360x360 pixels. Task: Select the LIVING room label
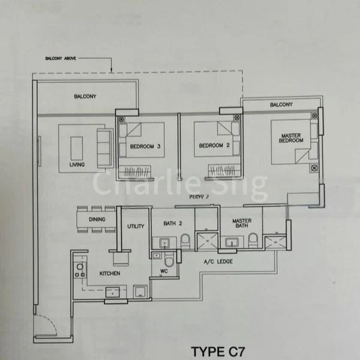[x=77, y=164]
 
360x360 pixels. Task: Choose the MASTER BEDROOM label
[x=292, y=138]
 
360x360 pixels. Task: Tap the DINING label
[x=97, y=220]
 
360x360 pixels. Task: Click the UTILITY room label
[x=136, y=226]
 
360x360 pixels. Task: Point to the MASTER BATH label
[x=242, y=223]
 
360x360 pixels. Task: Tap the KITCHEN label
[x=110, y=274]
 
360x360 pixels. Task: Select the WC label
[x=164, y=271]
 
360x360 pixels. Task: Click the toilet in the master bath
[x=253, y=241]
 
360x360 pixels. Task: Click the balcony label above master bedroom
[x=281, y=105]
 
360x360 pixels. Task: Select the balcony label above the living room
[x=85, y=96]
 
